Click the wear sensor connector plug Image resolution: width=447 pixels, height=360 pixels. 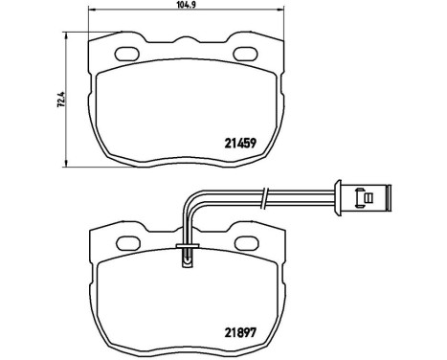(x=366, y=198)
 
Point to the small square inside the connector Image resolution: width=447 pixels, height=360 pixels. (x=368, y=198)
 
